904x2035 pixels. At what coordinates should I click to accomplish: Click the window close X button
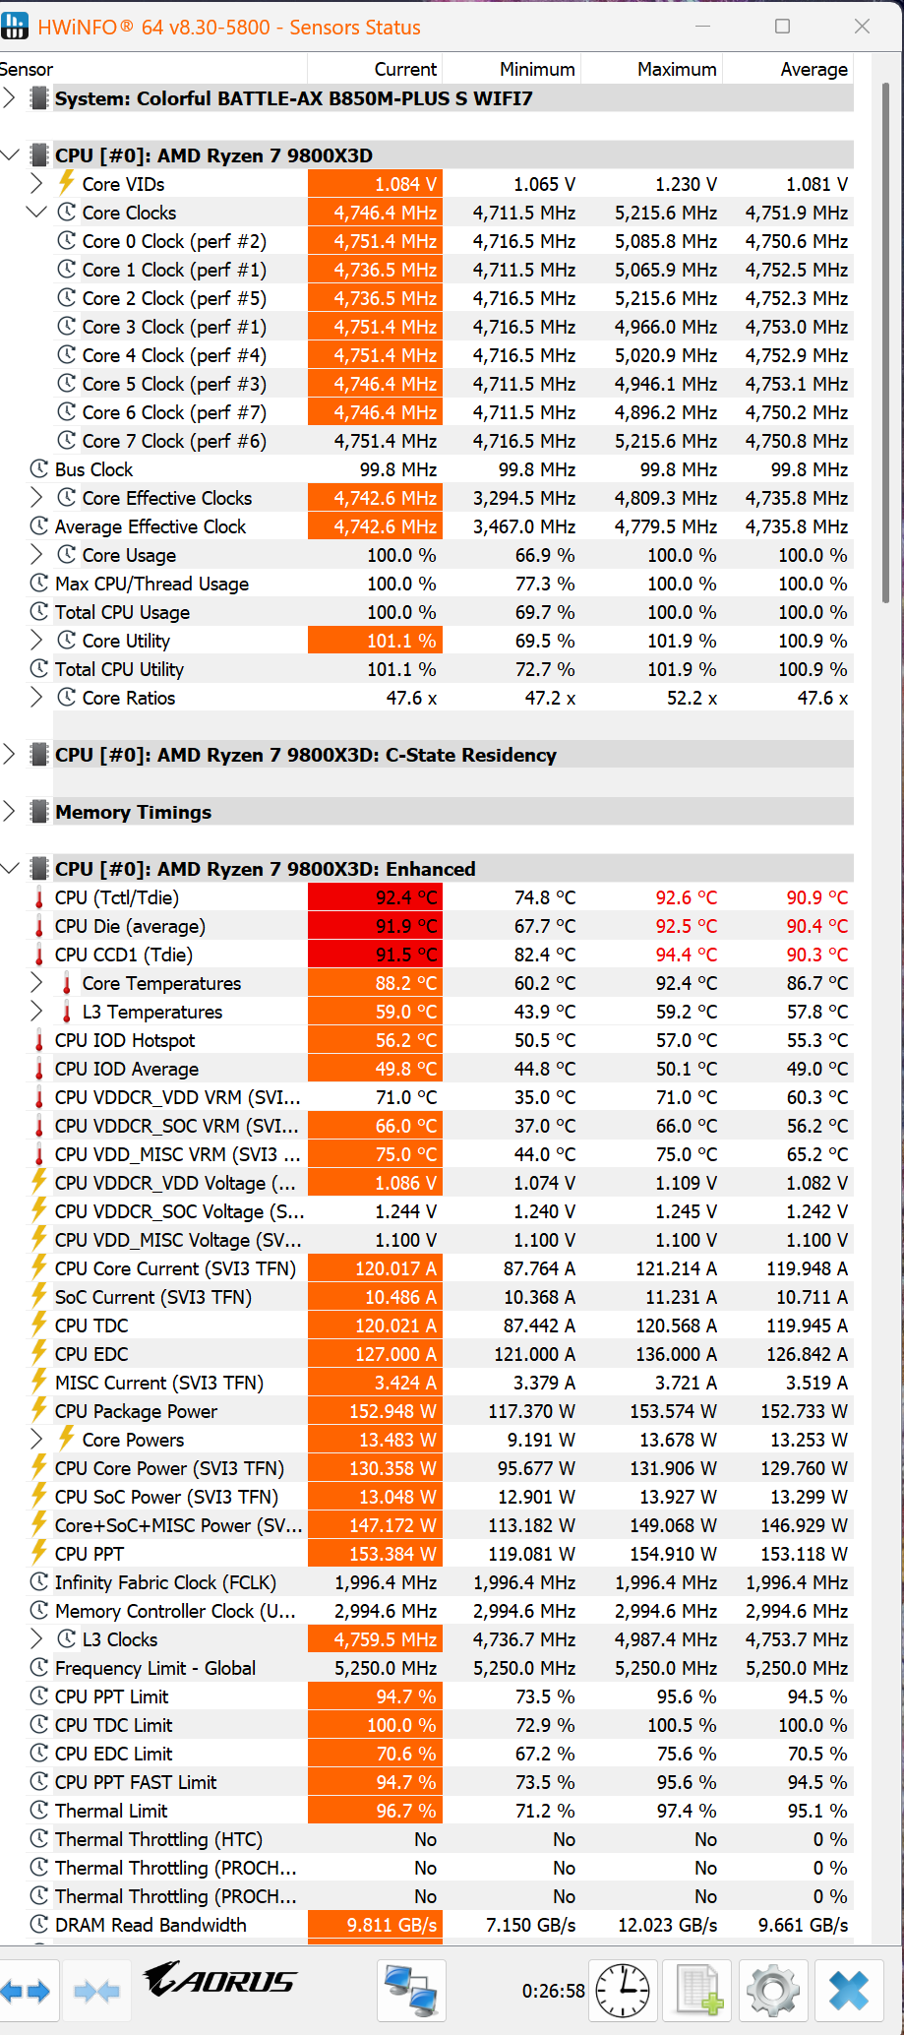pos(862,27)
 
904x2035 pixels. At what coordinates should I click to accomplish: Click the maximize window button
pos(783,27)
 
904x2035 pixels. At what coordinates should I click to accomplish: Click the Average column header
pos(814,69)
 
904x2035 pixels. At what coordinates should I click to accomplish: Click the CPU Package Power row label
pos(136,1411)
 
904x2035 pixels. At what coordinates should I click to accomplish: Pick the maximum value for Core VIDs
pos(686,184)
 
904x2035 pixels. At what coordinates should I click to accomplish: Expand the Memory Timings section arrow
pos(10,812)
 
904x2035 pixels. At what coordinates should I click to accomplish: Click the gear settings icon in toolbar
pos(772,1990)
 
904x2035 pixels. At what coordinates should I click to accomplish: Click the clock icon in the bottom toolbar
pos(624,1990)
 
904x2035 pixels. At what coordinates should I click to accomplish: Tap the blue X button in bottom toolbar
pos(848,1990)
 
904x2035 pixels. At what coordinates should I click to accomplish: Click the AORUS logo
pos(220,1980)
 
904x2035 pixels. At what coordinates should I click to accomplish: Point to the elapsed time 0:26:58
pos(553,1991)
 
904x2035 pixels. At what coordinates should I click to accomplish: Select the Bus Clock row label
pos(93,469)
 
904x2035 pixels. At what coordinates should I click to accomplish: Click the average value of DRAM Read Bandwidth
pos(803,1925)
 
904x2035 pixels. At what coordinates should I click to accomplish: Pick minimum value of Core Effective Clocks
pos(524,498)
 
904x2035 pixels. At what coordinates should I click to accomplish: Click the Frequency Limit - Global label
pos(155,1668)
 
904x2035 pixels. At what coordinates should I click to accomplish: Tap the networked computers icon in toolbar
pos(411,1990)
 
